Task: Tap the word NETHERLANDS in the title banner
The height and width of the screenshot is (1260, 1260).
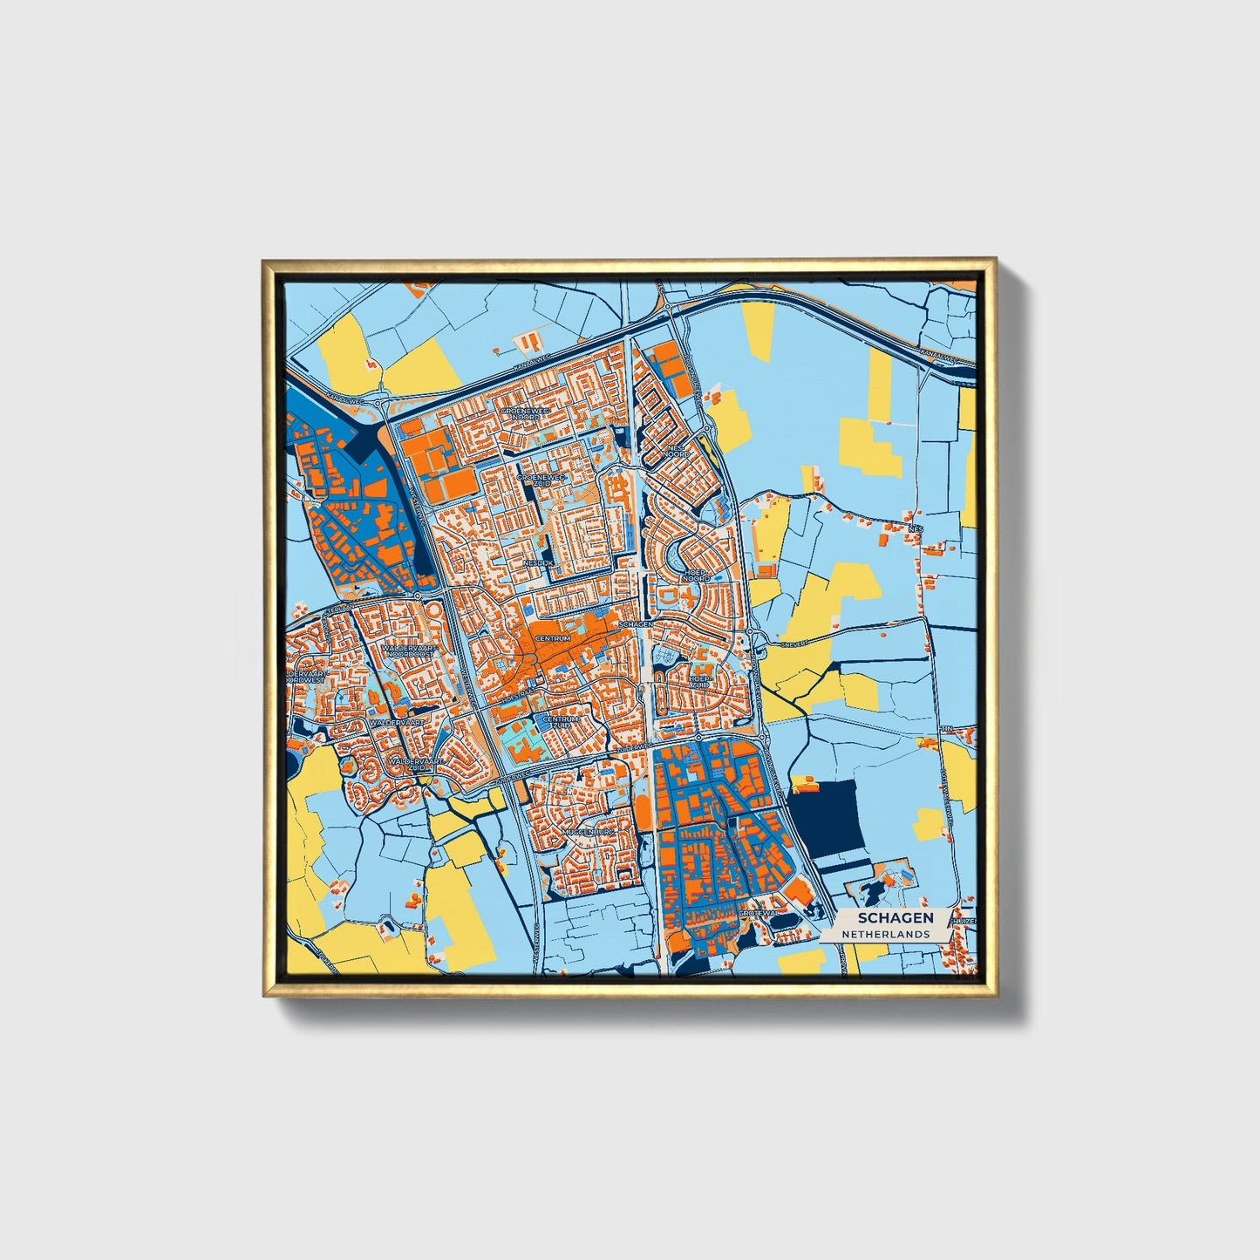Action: [x=884, y=933]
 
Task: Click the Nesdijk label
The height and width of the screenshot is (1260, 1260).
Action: [x=538, y=563]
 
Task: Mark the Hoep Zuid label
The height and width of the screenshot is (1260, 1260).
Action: [x=700, y=681]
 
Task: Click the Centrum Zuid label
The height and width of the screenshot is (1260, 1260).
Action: [x=559, y=723]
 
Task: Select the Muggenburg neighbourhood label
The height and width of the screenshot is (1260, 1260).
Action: [x=589, y=833]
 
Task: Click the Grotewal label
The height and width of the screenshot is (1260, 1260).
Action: [x=755, y=913]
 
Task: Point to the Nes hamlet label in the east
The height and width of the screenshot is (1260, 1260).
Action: [x=915, y=528]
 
